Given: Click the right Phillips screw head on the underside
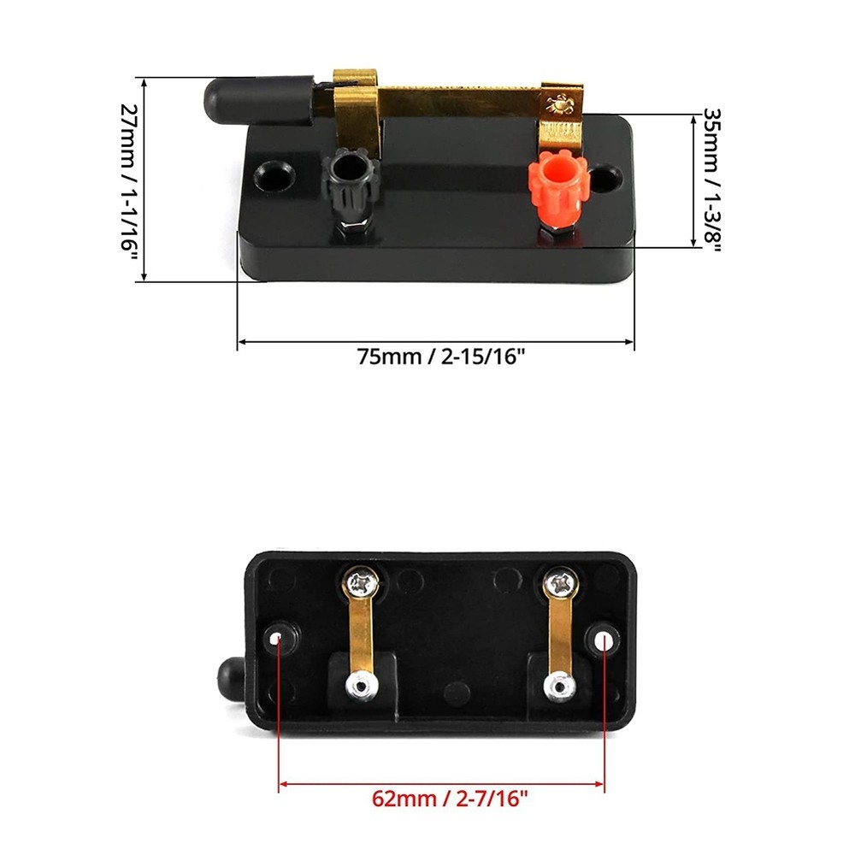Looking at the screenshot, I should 563,586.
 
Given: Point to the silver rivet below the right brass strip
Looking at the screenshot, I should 560,686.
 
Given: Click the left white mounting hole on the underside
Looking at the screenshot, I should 279,639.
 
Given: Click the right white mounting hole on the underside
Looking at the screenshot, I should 605,638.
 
